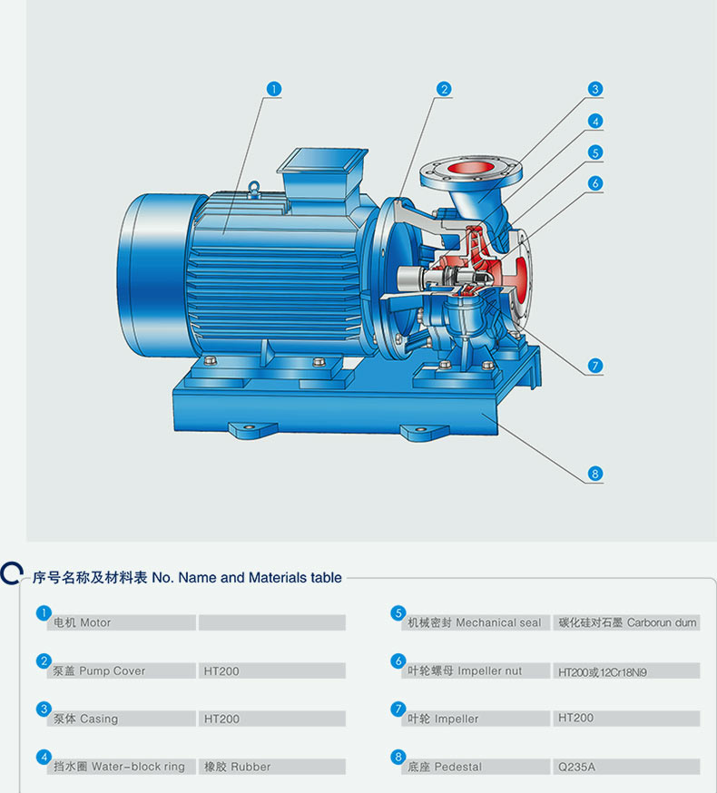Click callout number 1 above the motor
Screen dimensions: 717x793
(x=274, y=89)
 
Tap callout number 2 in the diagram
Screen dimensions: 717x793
(x=444, y=89)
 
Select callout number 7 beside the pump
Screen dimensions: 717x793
(x=595, y=366)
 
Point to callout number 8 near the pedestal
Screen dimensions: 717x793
(x=595, y=474)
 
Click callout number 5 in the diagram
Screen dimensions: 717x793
(x=595, y=152)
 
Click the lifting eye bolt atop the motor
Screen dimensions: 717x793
(x=254, y=188)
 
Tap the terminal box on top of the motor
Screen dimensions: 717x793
(x=323, y=173)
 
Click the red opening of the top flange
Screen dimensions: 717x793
(x=470, y=167)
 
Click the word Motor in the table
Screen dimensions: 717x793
(x=95, y=622)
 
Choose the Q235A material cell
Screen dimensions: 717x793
(x=625, y=767)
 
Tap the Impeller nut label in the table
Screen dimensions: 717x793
(x=489, y=671)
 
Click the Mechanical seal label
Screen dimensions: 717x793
(x=498, y=622)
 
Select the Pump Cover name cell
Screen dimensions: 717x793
(x=122, y=671)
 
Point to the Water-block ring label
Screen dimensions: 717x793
(x=138, y=767)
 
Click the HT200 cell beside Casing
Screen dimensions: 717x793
(x=271, y=719)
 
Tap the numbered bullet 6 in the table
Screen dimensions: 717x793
(x=398, y=661)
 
